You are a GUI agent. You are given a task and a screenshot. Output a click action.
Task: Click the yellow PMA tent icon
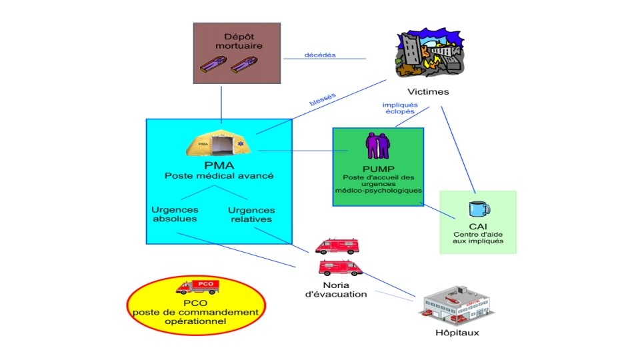219,143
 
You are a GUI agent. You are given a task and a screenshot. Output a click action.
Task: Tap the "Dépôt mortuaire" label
239,41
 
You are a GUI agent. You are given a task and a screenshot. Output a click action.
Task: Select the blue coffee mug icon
479,209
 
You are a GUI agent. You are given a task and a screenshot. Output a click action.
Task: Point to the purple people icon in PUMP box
378,145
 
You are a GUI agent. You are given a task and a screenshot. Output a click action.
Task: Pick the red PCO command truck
198,287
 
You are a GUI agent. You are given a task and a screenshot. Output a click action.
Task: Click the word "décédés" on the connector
320,55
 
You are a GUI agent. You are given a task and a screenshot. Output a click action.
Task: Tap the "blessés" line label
323,99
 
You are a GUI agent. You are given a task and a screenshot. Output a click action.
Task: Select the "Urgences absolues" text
175,214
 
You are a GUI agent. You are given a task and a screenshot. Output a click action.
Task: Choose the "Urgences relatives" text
251,215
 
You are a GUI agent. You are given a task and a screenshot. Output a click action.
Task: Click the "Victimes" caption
428,92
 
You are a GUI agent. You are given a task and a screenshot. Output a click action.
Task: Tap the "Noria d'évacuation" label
336,290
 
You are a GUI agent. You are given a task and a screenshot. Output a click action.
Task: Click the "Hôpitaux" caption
457,333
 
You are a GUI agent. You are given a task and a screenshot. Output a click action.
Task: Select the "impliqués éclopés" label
400,108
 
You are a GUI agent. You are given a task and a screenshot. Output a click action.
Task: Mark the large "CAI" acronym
478,227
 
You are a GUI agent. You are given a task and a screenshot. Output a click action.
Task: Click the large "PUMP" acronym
379,169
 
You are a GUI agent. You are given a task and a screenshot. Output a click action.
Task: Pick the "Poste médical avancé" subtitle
219,176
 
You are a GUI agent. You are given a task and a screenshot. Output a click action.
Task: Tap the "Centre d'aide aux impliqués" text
478,237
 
